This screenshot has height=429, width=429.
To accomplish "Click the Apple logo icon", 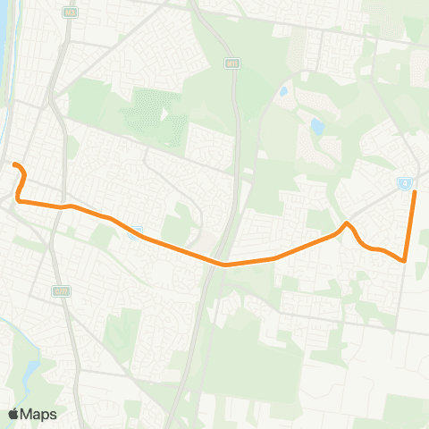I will tap(13, 414).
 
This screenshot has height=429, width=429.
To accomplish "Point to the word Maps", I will tap(39, 414).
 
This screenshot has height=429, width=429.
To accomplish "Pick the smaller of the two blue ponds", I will tap(283, 91).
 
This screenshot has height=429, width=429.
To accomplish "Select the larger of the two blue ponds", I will tap(316, 127).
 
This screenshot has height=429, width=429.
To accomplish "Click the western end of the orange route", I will tap(13, 164).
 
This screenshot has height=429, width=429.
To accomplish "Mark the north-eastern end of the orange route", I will tap(414, 192).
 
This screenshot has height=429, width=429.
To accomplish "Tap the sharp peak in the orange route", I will tap(346, 223).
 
